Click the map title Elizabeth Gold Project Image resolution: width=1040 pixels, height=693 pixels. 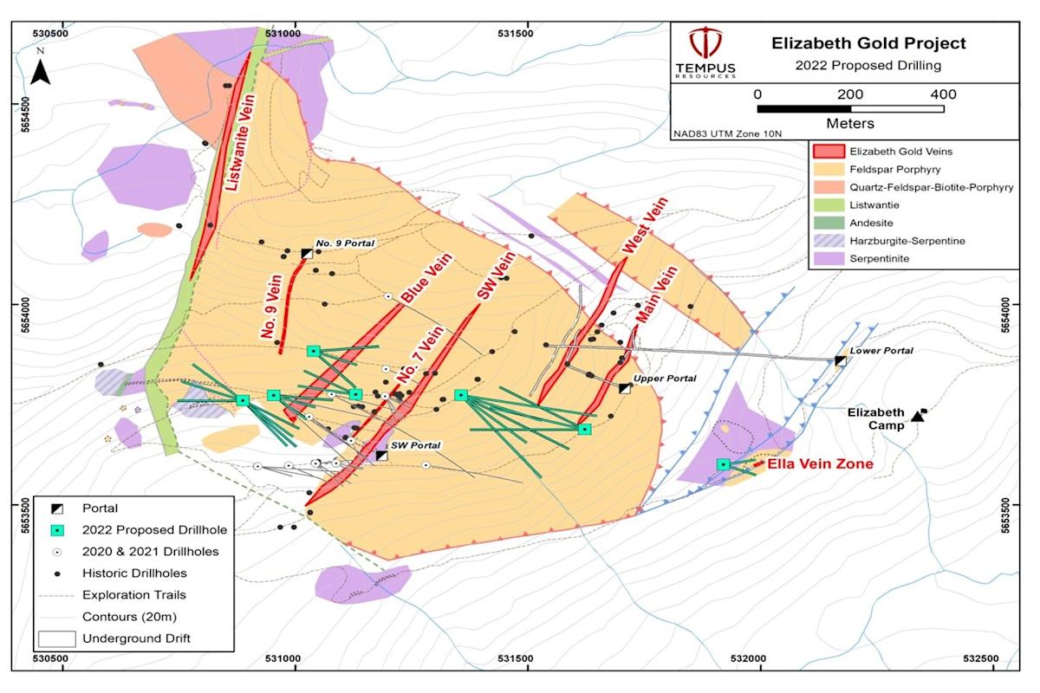[868, 43]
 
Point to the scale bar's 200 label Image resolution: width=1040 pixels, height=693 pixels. [850, 94]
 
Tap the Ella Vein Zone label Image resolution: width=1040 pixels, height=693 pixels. [821, 465]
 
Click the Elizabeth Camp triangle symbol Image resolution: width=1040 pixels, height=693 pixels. [917, 417]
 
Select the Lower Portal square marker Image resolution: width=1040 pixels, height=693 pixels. [840, 360]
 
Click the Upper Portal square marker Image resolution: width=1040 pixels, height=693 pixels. [624, 388]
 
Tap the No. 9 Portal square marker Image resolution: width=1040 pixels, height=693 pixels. [306, 253]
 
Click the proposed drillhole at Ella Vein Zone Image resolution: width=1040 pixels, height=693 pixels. [723, 464]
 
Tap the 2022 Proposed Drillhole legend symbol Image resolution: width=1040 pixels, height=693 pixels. [56, 530]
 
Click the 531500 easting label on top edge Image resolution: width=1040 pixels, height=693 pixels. [517, 32]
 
